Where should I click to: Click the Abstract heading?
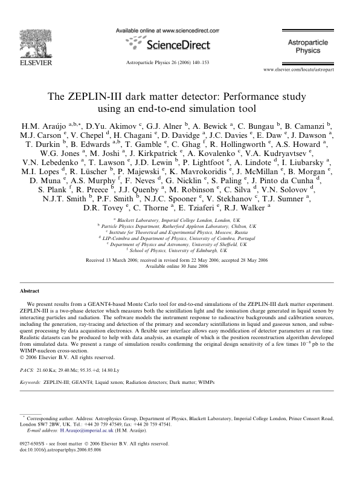click(x=31, y=291)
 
